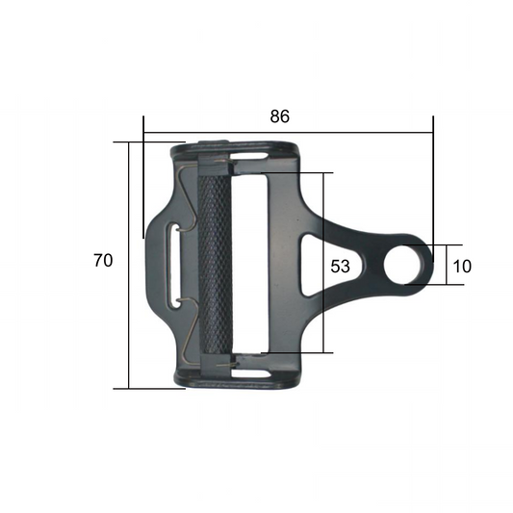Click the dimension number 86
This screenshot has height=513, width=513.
279,116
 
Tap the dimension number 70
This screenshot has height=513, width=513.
103,261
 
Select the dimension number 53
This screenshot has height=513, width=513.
340,267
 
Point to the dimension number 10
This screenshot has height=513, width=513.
461,267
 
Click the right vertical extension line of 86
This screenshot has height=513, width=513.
433,183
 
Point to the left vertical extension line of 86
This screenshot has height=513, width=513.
143,183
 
